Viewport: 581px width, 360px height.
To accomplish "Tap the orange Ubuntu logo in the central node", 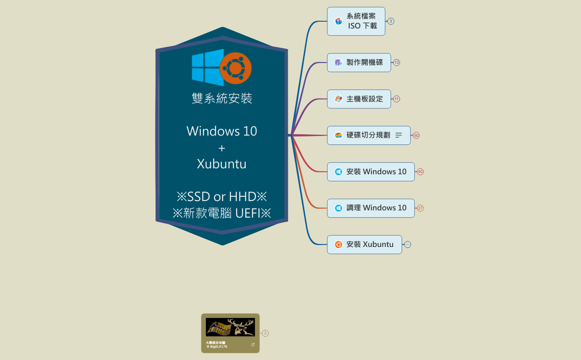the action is [x=236, y=68].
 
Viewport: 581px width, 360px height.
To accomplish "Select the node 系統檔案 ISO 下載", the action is [x=356, y=21].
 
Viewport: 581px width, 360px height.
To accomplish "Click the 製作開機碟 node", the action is [x=359, y=62].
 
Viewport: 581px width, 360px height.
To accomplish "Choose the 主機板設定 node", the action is [x=359, y=99].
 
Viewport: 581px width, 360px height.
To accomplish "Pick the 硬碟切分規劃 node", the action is [x=368, y=135].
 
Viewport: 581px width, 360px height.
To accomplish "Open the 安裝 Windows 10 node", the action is [x=371, y=172].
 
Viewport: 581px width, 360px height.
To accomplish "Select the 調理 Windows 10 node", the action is [x=371, y=208].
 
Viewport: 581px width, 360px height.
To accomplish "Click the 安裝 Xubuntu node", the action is [x=364, y=244].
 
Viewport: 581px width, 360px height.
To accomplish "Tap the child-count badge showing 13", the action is [x=397, y=62].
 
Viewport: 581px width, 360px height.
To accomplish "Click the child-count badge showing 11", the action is [x=397, y=99].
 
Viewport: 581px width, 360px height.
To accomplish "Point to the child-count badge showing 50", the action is [x=416, y=136].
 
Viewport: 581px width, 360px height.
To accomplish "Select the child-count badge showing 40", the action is [x=420, y=172].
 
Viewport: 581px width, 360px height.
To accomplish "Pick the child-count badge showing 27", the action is [x=420, y=208].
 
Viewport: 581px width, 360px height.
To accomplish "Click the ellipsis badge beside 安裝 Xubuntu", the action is [x=408, y=244].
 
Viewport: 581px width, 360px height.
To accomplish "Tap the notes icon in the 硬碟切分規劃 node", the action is [x=399, y=135].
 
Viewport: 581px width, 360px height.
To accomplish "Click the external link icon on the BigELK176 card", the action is [x=253, y=345].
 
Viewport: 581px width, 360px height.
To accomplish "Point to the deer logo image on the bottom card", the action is [x=230, y=327].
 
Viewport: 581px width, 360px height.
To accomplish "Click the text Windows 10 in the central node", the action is [x=221, y=131].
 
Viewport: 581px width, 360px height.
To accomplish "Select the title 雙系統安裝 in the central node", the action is [x=222, y=99].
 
